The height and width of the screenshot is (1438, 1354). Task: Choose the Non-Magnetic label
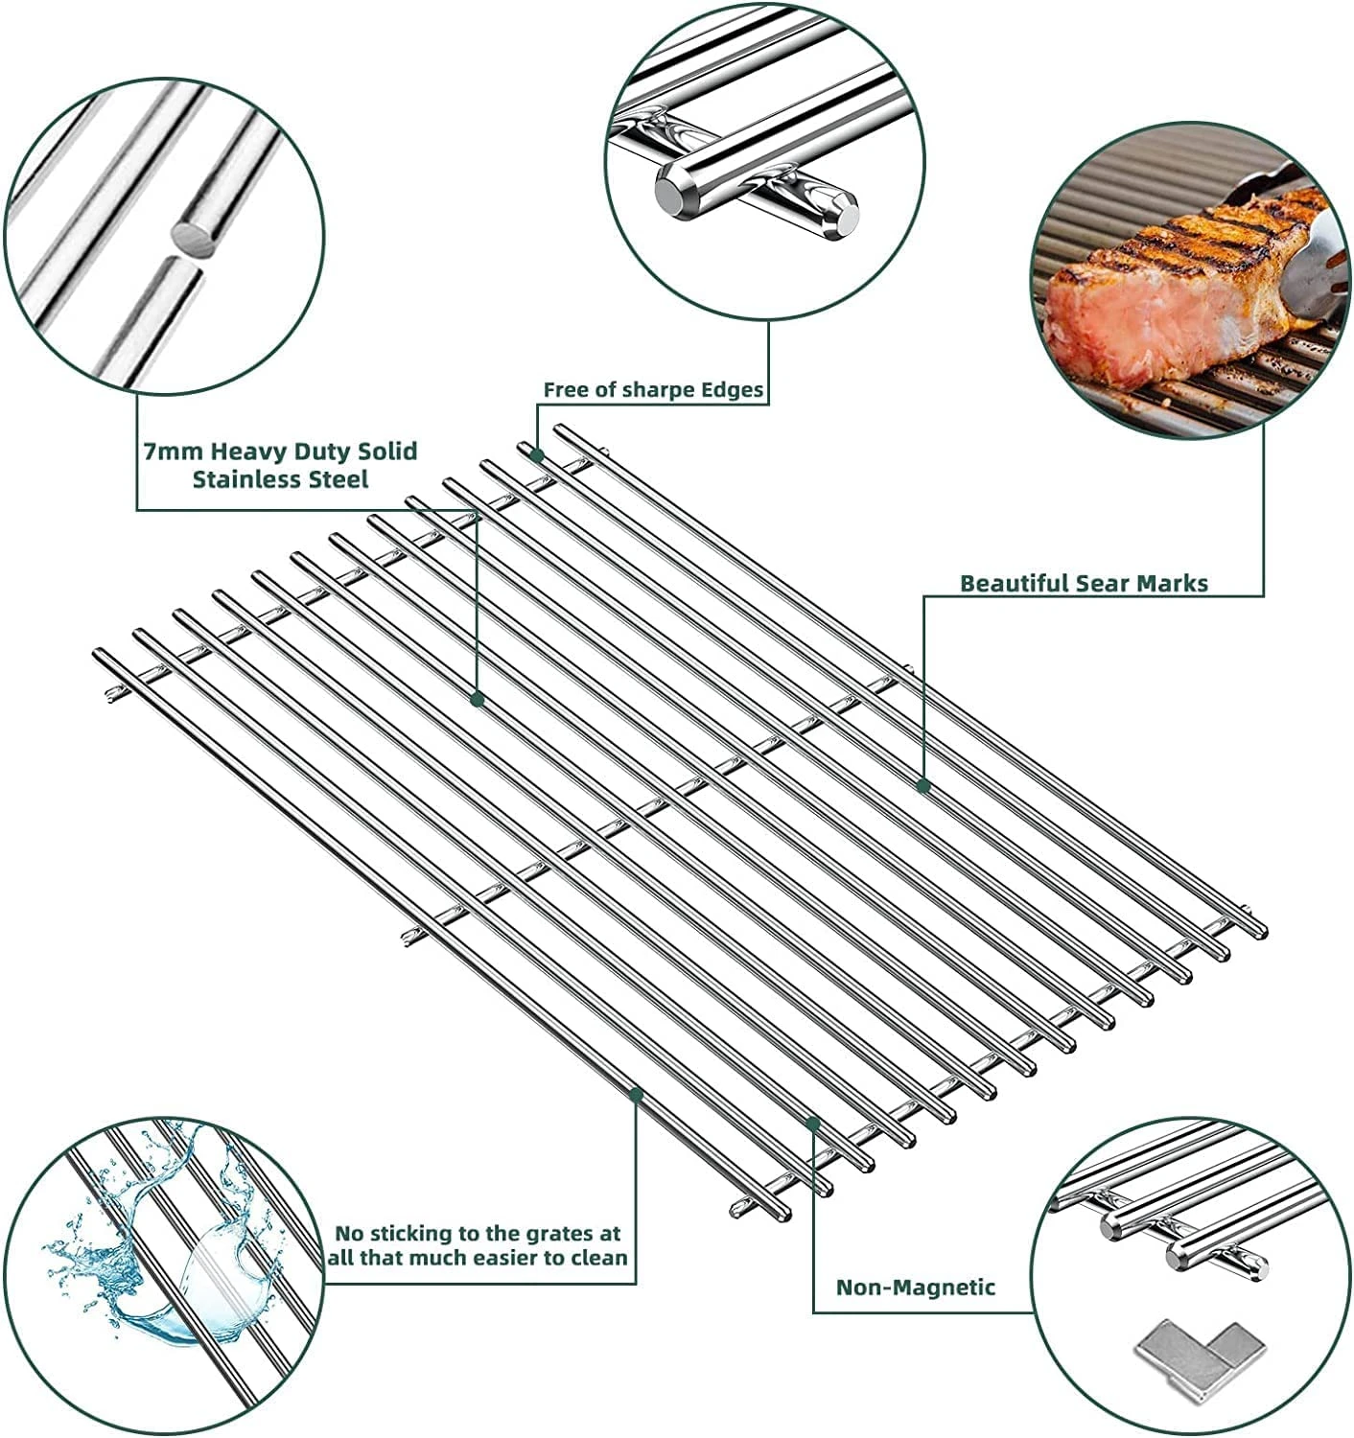click(x=915, y=1287)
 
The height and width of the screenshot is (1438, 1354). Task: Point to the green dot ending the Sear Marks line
click(x=923, y=786)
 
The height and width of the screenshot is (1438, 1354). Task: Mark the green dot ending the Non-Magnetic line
click(x=813, y=1122)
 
